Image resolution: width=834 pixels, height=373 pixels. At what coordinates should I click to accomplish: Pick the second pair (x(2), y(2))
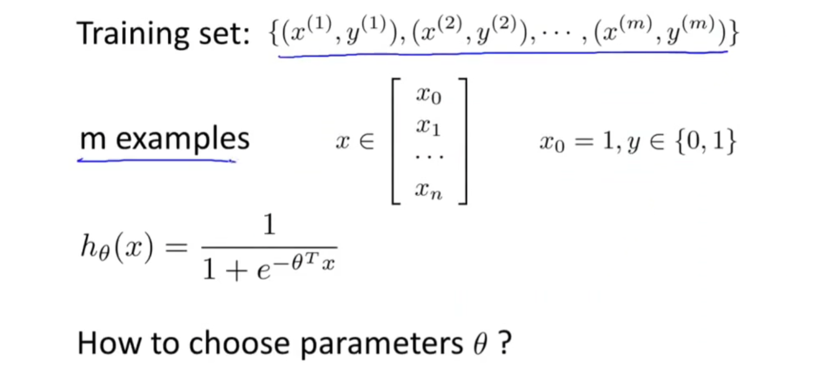469,33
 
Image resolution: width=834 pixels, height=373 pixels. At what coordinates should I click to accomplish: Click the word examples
183,140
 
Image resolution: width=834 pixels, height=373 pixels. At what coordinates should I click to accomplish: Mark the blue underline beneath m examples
157,161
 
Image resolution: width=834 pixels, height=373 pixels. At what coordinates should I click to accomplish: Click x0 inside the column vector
429,96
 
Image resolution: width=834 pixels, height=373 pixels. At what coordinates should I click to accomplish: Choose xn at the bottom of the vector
429,191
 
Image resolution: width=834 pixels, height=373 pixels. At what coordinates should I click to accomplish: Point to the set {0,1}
709,143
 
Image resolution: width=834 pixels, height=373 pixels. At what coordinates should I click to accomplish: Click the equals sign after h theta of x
177,249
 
